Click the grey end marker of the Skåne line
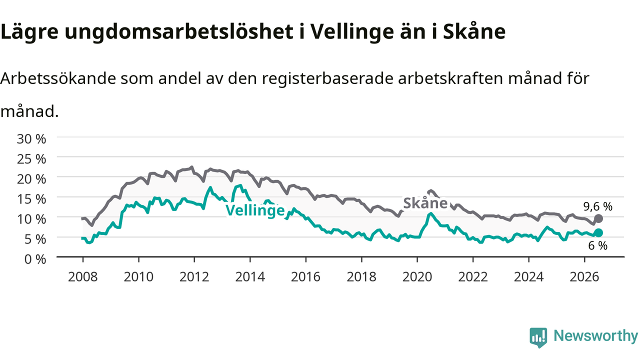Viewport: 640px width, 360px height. pos(598,219)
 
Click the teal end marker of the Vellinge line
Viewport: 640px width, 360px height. pos(598,233)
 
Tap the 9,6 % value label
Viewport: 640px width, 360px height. pos(597,206)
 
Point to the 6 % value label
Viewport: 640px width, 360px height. pos(597,245)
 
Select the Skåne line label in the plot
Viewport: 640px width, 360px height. pos(425,203)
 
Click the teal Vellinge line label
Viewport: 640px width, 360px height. pos(255,210)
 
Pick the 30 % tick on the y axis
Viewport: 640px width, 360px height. pos(31,139)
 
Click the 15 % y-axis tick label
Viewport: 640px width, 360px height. pos(31,199)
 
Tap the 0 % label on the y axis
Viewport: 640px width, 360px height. pos(35,259)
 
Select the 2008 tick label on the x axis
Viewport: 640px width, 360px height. pos(83,277)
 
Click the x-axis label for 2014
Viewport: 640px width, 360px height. pos(250,277)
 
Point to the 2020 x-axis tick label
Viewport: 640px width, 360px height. pos(417,277)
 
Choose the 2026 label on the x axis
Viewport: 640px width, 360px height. pos(584,277)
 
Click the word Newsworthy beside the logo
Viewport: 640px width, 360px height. pos(595,335)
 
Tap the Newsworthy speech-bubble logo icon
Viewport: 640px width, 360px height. pos(538,337)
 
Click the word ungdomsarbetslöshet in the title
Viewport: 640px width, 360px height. pos(179,32)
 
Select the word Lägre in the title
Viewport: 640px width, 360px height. pos(29,32)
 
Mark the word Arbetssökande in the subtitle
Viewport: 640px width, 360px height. pos(58,78)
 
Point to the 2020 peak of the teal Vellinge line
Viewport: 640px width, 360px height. pos(431,213)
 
